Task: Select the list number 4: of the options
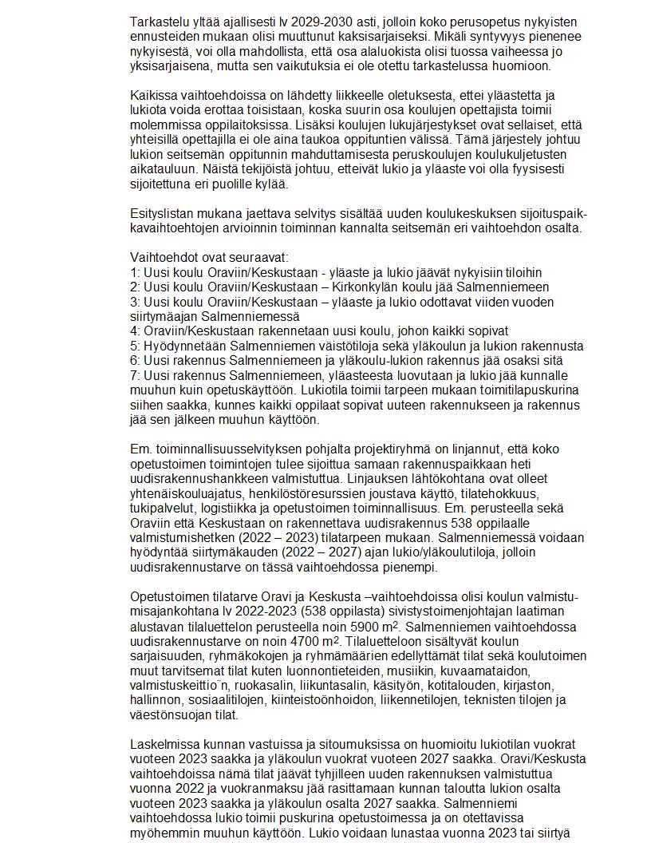click(x=135, y=330)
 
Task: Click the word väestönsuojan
click(x=167, y=718)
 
